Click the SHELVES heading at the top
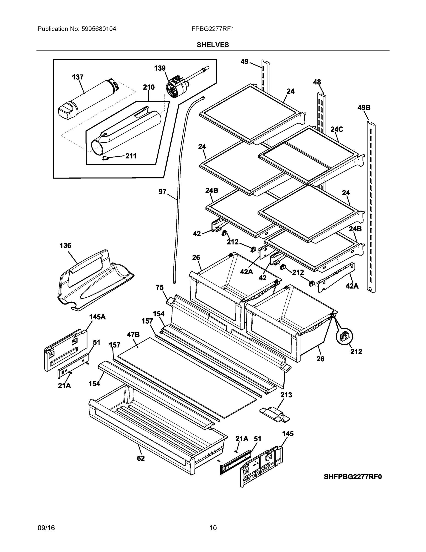tap(212, 45)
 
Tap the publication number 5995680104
tap(99, 29)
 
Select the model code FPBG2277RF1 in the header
tap(212, 29)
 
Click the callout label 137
tap(78, 77)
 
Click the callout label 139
tap(160, 68)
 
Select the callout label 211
tap(131, 156)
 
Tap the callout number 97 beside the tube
tap(162, 192)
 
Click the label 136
tap(65, 245)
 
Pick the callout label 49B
tap(364, 108)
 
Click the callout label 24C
tap(337, 129)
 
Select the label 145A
tap(97, 317)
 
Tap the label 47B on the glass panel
tap(133, 335)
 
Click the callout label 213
tap(286, 395)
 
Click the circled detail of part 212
tap(344, 336)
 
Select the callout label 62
tap(141, 458)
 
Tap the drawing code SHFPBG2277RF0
tap(353, 477)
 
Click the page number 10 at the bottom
tap(213, 528)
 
